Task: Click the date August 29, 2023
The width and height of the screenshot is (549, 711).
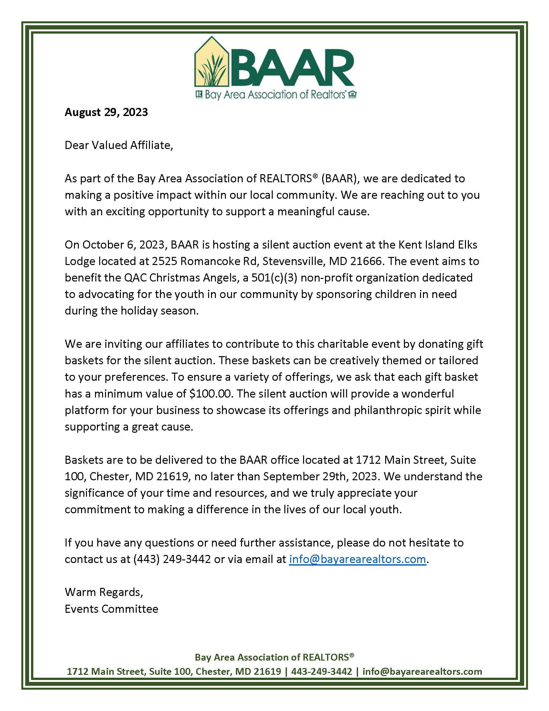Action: (106, 112)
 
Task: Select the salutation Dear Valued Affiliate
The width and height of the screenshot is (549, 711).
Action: (119, 145)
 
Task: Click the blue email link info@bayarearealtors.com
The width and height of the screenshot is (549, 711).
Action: (357, 559)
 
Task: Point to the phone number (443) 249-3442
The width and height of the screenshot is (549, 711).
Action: (172, 559)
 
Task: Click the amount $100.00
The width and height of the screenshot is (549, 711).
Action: (211, 394)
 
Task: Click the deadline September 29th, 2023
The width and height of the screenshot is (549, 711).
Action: (321, 476)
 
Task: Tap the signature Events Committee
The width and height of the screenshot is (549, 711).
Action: (111, 609)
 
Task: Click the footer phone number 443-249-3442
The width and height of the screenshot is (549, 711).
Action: (322, 672)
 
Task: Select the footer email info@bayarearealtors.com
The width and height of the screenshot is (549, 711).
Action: (422, 672)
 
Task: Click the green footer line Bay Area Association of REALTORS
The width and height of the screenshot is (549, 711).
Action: (274, 657)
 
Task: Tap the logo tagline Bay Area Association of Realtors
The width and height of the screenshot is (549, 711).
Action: (275, 94)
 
